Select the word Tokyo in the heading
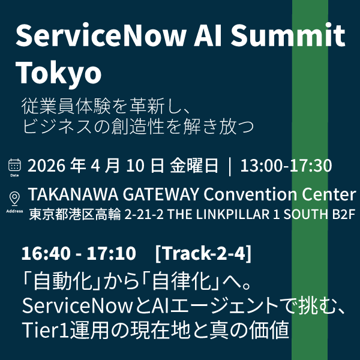[x=58, y=73]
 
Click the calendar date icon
[x=14, y=165]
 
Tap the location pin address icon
[x=14, y=199]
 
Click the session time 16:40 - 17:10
[x=78, y=254]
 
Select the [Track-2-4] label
[x=203, y=254]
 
